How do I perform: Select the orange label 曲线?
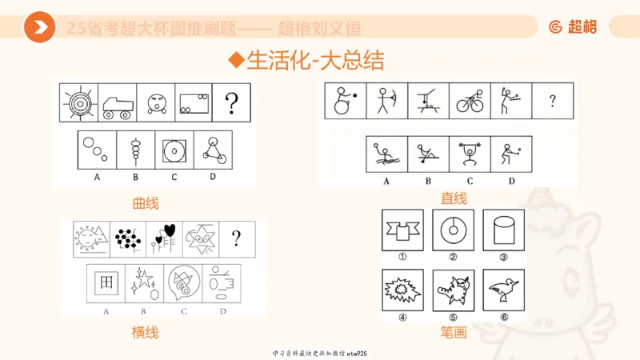coord(146,203)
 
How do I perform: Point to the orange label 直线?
coord(454,198)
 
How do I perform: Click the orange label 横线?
coord(146,332)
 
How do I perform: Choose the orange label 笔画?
coord(454,332)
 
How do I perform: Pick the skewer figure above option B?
coord(135,150)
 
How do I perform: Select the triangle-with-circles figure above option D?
coord(210,149)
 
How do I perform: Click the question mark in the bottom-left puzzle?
coord(236,238)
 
